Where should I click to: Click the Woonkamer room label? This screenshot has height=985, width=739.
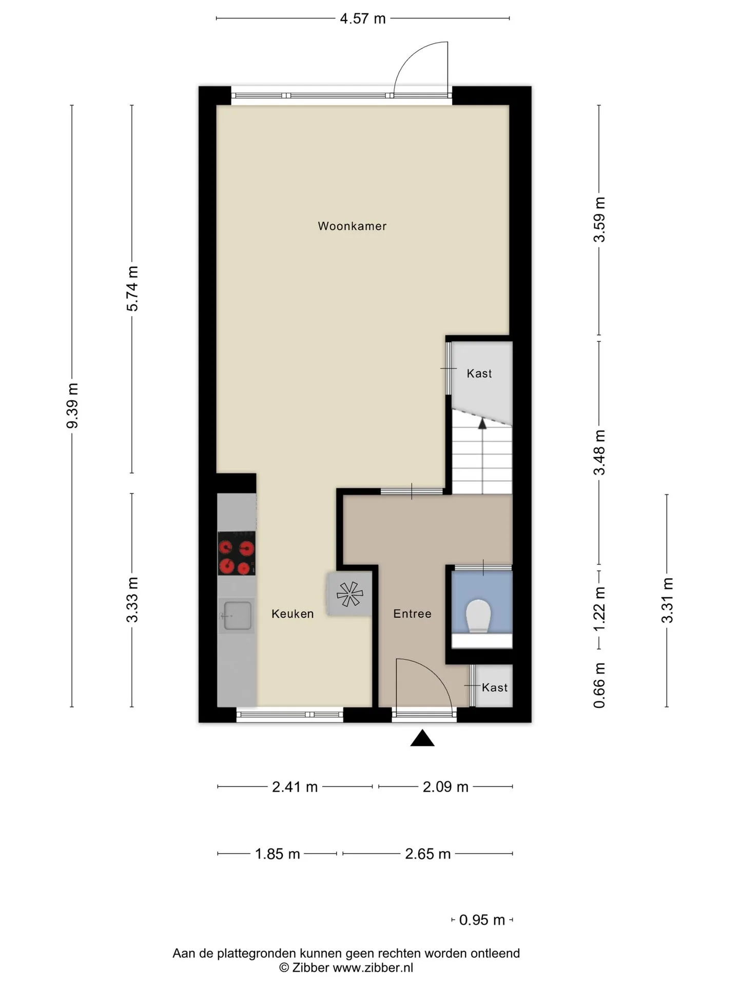(352, 226)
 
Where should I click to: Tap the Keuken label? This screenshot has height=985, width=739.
(293, 614)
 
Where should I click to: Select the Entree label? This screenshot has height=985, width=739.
(412, 614)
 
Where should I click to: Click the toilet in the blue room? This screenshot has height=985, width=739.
(478, 615)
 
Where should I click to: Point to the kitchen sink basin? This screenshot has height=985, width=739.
(237, 616)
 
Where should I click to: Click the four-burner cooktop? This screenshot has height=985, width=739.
(237, 553)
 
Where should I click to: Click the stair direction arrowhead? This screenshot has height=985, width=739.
(482, 423)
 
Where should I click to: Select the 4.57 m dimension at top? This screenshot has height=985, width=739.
(363, 19)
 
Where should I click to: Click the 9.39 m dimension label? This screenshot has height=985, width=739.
(72, 405)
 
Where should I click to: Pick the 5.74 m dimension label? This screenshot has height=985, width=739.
(132, 288)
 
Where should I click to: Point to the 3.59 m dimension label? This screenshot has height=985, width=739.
(599, 220)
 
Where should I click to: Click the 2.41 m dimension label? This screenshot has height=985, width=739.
(295, 787)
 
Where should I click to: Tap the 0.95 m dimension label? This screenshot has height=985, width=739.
(482, 920)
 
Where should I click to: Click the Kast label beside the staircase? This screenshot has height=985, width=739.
(479, 373)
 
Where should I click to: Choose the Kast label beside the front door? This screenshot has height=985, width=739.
(495, 687)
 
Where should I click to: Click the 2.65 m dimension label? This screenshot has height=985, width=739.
(427, 854)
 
